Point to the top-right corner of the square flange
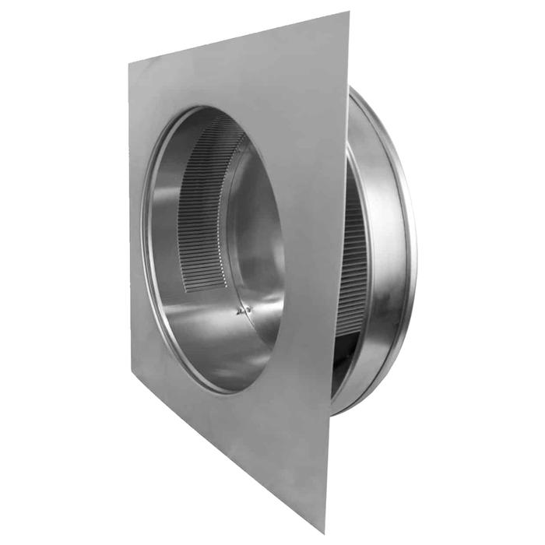(x=348, y=12)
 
